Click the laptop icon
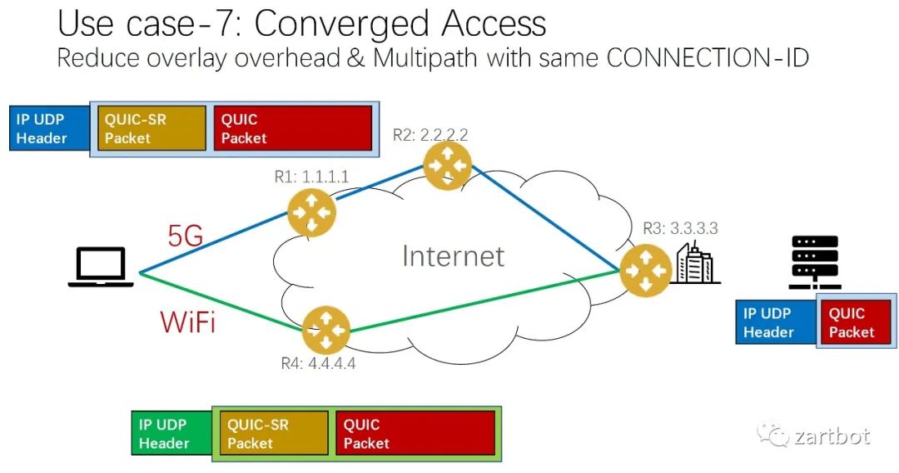(x=101, y=266)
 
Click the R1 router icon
(x=311, y=212)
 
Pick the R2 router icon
(x=447, y=166)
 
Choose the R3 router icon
(x=645, y=270)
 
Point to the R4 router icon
(x=325, y=330)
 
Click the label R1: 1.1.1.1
(x=311, y=176)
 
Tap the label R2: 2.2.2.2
(x=430, y=135)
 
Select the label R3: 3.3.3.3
(x=680, y=228)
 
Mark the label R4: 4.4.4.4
(x=318, y=363)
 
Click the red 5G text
(x=185, y=236)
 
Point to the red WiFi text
(x=187, y=321)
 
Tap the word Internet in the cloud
(x=453, y=256)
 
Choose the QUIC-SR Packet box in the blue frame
(x=151, y=128)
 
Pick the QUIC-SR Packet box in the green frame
(x=274, y=433)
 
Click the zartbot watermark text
(x=832, y=437)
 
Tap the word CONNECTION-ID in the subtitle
(x=707, y=58)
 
